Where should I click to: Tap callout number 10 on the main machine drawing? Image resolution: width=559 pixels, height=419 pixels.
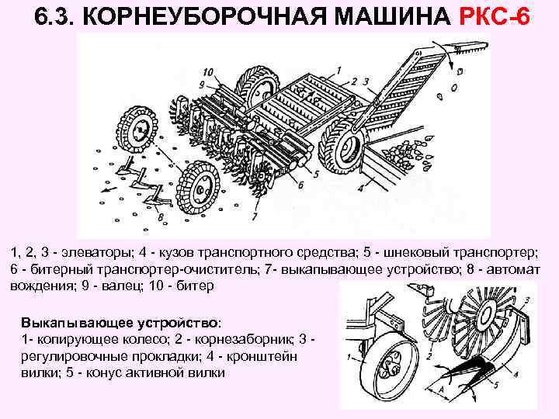point(210,72)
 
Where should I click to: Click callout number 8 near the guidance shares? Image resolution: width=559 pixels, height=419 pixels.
point(161,217)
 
